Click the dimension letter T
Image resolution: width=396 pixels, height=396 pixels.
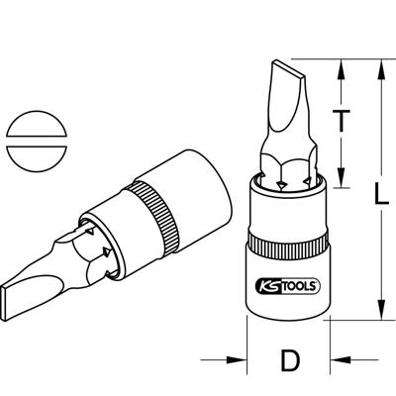tap(343, 121)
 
